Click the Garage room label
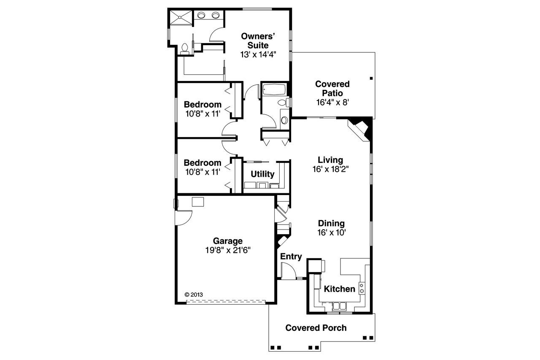[x=227, y=241]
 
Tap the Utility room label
[x=262, y=174]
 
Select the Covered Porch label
[x=316, y=328]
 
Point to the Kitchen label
[x=339, y=289]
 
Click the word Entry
[x=291, y=257]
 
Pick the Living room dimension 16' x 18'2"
[x=330, y=169]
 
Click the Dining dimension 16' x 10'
[x=331, y=232]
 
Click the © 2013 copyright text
[x=194, y=295]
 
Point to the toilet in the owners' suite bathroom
[x=184, y=49]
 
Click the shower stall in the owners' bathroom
[x=181, y=19]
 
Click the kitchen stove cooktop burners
[x=362, y=288]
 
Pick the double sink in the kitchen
[x=340, y=306]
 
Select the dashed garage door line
[x=226, y=301]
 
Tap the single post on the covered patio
[x=371, y=78]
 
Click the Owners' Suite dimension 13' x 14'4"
[x=259, y=54]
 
